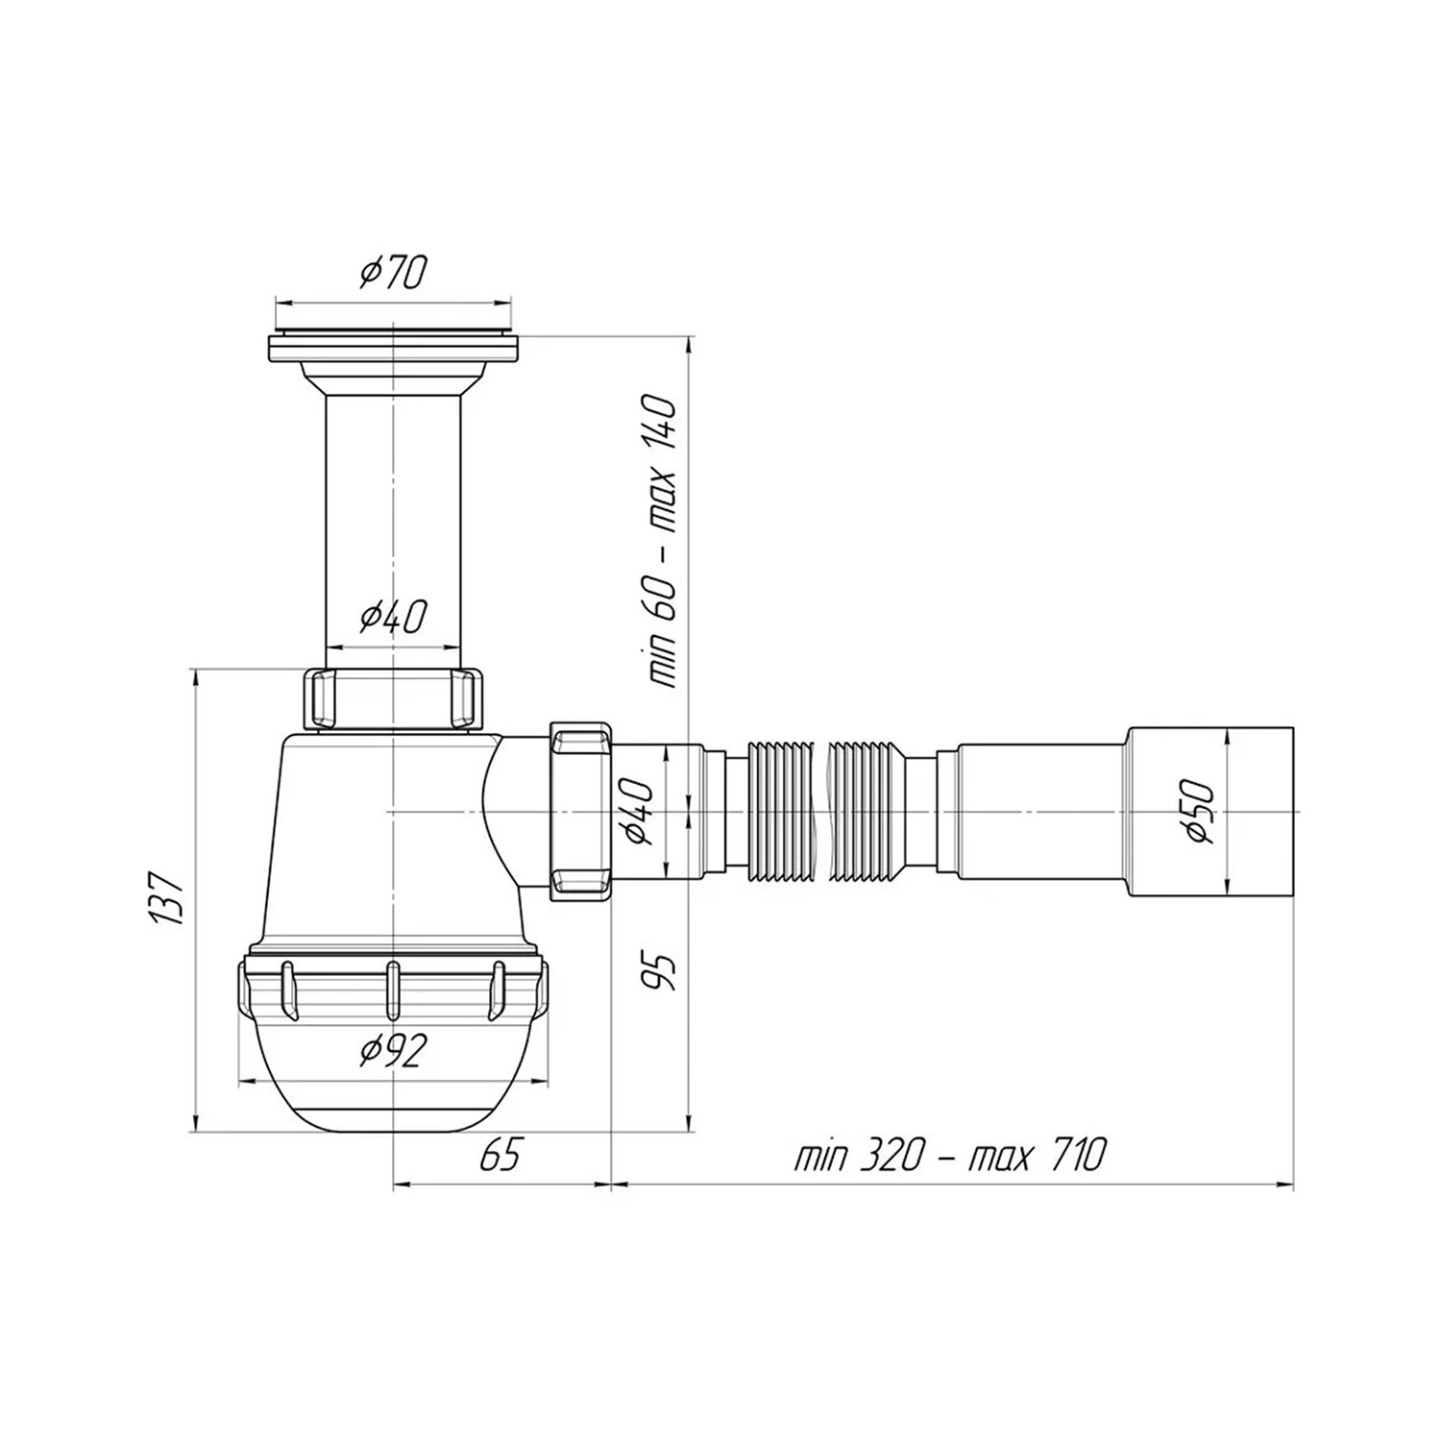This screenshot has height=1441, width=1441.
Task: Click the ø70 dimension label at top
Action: tap(392, 274)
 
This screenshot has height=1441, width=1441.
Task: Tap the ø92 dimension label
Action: tap(392, 1053)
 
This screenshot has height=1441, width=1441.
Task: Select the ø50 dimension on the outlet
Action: tap(1200, 812)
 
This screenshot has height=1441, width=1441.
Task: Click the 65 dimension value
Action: tap(500, 1155)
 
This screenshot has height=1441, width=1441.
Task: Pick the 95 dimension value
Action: tap(662, 971)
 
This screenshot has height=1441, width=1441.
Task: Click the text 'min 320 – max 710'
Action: tap(950, 1155)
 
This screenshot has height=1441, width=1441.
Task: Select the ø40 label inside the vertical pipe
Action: tap(392, 617)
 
